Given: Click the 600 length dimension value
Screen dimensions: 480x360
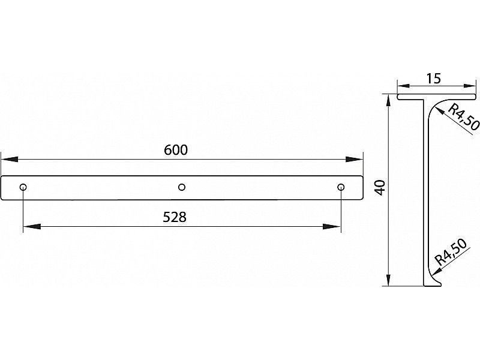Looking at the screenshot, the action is pos(176,150).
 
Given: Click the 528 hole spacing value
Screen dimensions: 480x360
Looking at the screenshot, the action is pos(175,217).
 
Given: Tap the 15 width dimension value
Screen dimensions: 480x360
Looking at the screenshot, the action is pos(434,79).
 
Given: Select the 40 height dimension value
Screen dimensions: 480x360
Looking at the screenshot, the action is pos(380,188).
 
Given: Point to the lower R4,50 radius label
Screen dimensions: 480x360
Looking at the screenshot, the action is pos(452,252).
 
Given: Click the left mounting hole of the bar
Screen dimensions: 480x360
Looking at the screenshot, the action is pos(23,187).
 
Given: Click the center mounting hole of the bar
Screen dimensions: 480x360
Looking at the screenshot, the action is pos(182,187).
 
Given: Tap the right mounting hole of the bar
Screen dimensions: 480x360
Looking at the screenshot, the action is pos(341,187).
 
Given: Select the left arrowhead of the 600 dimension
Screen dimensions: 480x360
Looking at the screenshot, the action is pos(9,160).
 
